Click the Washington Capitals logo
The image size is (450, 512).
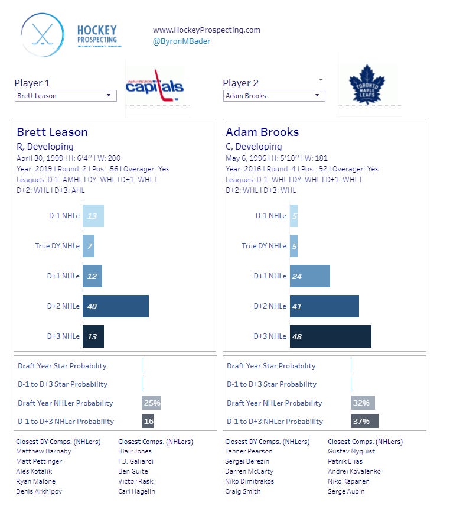click(x=154, y=86)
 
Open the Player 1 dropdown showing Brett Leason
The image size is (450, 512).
click(x=66, y=96)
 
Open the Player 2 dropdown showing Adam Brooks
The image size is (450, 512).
click(x=274, y=96)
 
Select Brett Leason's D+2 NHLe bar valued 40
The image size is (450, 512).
click(x=116, y=306)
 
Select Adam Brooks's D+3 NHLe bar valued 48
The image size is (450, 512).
click(x=330, y=336)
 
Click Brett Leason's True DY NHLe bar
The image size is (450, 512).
click(x=89, y=245)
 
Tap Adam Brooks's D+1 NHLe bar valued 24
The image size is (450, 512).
click(x=309, y=276)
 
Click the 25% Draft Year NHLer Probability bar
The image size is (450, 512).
click(x=151, y=403)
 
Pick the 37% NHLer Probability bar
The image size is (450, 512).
click(x=364, y=421)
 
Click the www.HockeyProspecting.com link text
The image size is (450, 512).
click(x=207, y=30)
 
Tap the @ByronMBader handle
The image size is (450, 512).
click(x=181, y=41)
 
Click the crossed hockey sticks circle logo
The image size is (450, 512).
click(x=42, y=35)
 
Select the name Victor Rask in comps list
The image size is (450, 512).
click(x=135, y=481)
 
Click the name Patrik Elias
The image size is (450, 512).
click(x=345, y=461)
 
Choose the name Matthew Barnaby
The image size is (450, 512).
click(x=43, y=451)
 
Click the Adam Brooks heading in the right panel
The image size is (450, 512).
click(x=262, y=132)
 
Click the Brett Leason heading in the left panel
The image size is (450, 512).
click(x=52, y=132)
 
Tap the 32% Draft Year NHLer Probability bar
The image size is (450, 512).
click(x=363, y=403)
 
